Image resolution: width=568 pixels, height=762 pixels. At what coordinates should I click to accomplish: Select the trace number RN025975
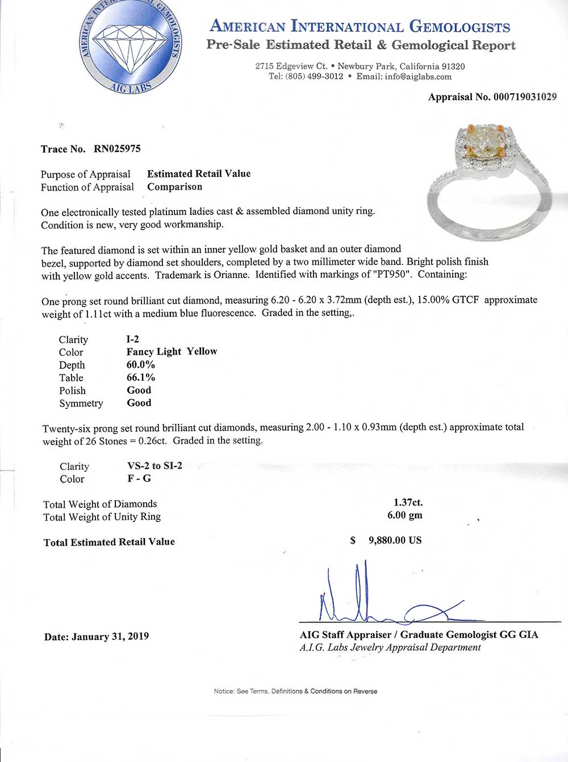pos(117,149)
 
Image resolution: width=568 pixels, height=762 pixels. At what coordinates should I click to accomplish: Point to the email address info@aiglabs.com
pos(418,77)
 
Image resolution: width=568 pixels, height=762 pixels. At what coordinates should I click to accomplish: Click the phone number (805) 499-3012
pos(314,77)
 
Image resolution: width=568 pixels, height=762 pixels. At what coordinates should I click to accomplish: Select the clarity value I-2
pos(132,339)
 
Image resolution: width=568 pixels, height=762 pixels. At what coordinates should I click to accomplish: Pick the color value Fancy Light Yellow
pos(172,351)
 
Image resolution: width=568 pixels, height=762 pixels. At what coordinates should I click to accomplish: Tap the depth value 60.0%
pos(140,364)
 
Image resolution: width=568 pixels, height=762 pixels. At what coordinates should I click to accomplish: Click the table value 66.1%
pos(140,377)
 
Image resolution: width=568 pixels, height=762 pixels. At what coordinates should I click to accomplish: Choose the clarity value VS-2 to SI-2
pos(154,465)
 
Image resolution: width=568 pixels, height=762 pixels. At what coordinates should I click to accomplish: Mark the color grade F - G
pos(139,478)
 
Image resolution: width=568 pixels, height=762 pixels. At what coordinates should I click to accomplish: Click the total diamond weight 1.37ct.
pos(408,503)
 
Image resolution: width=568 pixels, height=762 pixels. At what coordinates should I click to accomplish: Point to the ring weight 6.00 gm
pos(404,515)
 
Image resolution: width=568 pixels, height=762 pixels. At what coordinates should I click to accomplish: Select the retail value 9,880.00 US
pos(395,540)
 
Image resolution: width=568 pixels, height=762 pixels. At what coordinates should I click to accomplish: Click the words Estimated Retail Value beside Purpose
pos(199,174)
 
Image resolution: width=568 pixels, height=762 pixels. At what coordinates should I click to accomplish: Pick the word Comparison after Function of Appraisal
pos(174,187)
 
